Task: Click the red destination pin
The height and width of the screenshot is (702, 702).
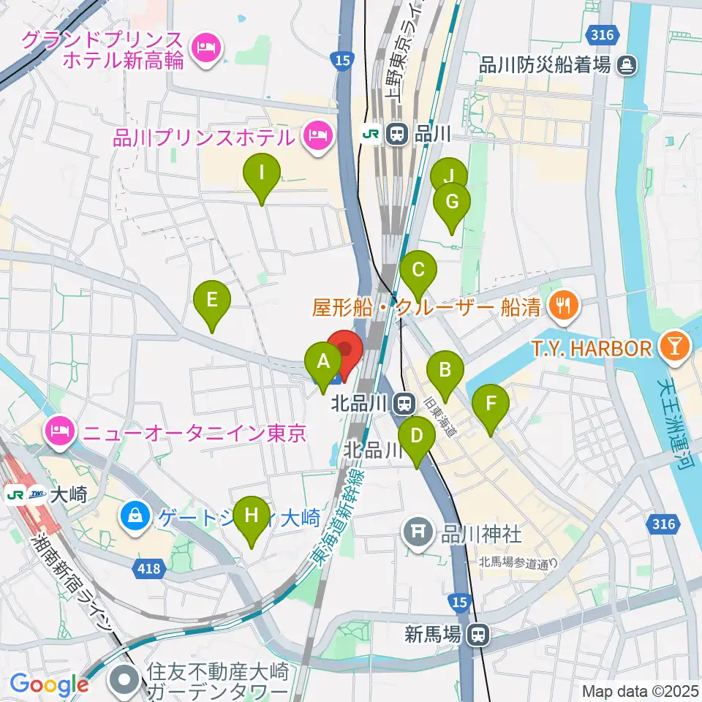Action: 344,350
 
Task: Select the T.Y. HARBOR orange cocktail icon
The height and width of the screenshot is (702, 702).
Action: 673,348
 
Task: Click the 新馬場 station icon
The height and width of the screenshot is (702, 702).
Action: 479,635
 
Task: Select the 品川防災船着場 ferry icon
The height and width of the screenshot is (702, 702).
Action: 627,65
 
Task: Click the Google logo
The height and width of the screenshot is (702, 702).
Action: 49,684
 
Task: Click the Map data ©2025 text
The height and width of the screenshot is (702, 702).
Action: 639,690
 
